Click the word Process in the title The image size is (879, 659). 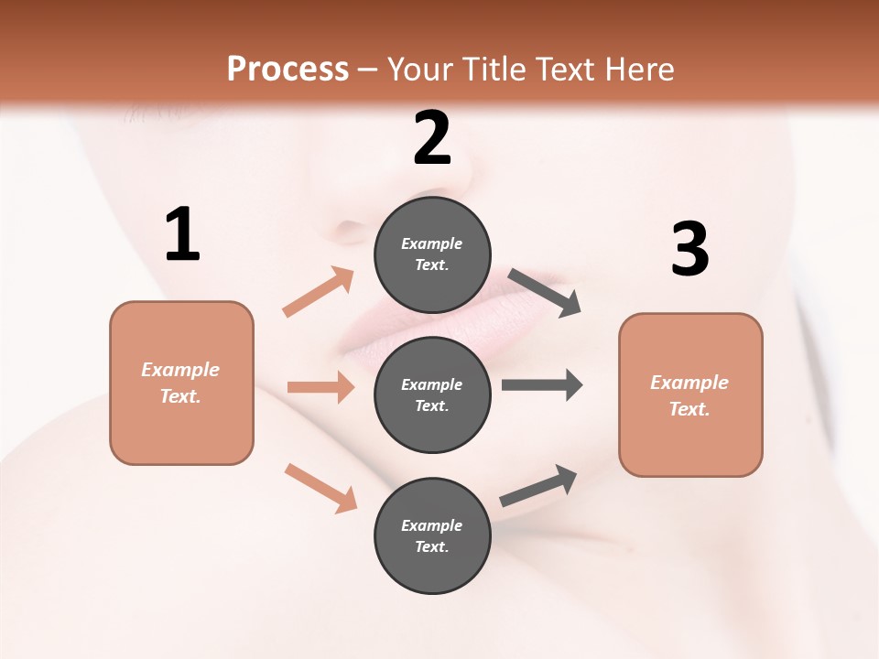click(288, 69)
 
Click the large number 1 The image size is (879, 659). click(182, 234)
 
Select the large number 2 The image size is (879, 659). click(432, 138)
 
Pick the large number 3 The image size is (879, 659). click(689, 249)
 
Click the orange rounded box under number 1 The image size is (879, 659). click(181, 383)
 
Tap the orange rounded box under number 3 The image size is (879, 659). click(690, 394)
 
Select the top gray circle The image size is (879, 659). click(432, 254)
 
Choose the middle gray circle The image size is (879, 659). click(432, 394)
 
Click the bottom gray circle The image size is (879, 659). click(432, 535)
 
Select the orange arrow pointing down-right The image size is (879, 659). click(320, 488)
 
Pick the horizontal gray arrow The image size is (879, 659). click(542, 384)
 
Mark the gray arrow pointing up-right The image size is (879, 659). click(538, 486)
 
